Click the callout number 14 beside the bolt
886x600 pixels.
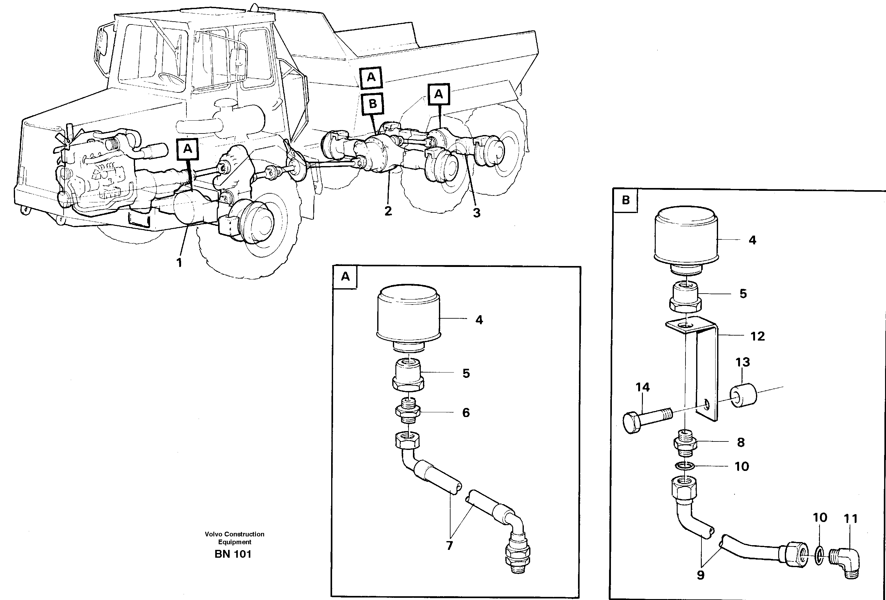coord(642,387)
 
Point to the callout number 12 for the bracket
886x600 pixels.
coord(757,336)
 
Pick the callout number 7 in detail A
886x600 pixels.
coord(450,545)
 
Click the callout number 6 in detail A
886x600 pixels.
coord(466,412)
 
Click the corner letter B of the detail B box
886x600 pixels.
coord(626,200)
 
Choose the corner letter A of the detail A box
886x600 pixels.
coord(345,277)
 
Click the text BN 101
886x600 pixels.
coord(233,554)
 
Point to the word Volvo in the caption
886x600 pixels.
coord(213,534)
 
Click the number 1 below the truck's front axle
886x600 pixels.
coord(179,263)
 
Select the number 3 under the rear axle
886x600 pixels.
coord(477,213)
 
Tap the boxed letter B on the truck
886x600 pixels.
coord(373,104)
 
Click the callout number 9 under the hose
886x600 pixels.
coord(701,575)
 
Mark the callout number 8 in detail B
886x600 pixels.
coord(741,442)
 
